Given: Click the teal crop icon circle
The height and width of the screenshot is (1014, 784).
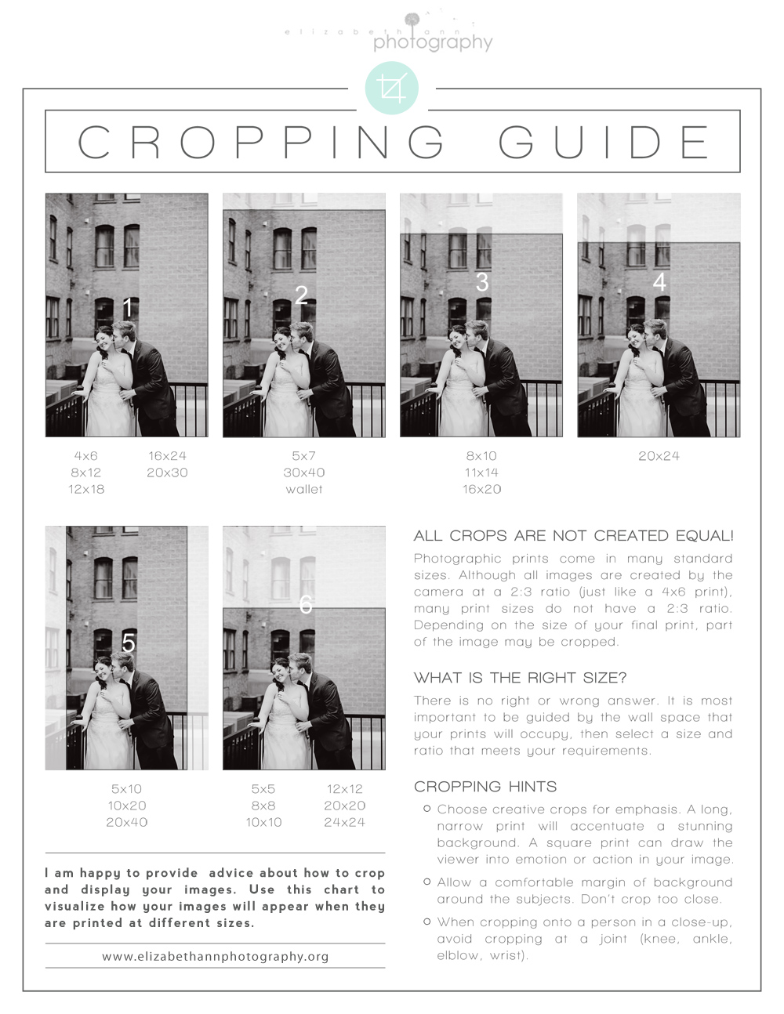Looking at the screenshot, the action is click(x=391, y=88).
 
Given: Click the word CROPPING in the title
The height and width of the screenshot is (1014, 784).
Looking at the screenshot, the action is click(x=261, y=142).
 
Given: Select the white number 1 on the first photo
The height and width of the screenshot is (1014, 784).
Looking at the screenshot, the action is click(x=127, y=307).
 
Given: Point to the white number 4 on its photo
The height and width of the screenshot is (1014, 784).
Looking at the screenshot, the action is click(x=659, y=282).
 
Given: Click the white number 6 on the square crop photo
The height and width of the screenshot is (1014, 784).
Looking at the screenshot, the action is click(x=306, y=605).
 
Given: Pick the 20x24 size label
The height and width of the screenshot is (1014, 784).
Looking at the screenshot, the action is click(x=659, y=456).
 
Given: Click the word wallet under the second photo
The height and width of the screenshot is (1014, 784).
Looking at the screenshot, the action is click(x=304, y=489).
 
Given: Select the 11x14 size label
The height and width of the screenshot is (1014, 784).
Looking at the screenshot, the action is click(x=481, y=473).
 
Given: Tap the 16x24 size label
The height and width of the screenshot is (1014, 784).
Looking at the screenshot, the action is click(x=167, y=456).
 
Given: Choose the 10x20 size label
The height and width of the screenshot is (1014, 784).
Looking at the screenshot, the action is click(x=127, y=806).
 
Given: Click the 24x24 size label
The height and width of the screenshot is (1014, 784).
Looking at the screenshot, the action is click(x=344, y=822).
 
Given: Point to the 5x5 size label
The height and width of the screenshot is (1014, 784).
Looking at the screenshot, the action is click(x=263, y=788).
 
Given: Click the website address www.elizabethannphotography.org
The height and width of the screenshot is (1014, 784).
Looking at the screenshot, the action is click(x=215, y=957).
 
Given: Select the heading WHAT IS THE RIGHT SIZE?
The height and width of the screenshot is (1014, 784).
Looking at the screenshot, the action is click(x=520, y=678).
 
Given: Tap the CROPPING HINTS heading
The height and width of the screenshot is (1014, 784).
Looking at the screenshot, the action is click(x=485, y=787).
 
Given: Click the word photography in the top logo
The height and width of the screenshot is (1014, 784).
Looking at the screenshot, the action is click(x=433, y=43).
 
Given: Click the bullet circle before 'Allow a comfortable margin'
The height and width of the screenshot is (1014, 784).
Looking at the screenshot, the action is click(x=426, y=882).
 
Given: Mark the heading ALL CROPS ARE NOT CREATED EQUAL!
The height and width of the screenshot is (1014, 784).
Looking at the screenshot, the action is click(x=574, y=536).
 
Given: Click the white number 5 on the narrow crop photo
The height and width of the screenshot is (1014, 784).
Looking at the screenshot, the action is click(x=129, y=643).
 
